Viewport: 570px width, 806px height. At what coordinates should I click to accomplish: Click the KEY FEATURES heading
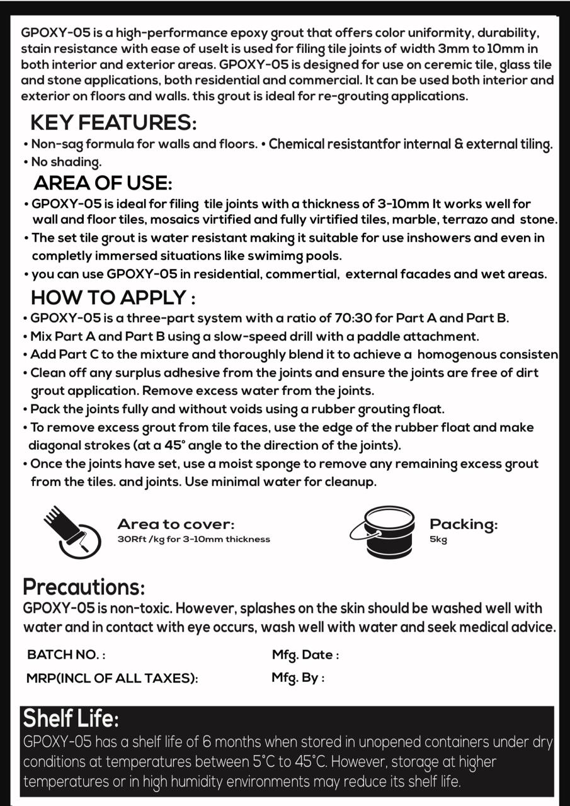113,122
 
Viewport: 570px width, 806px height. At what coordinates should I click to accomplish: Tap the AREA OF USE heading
103,183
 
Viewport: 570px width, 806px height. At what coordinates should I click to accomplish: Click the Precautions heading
84,587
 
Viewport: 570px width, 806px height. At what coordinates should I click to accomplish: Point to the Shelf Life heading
71,718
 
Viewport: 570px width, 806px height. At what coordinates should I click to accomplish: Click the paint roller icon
72,532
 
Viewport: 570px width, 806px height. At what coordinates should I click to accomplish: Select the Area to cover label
176,524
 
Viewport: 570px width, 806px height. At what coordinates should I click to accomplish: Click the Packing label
463,524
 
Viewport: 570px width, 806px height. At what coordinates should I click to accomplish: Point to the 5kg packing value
438,540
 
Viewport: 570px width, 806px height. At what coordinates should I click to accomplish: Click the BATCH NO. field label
66,654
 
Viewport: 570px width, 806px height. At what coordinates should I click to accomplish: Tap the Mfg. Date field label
305,654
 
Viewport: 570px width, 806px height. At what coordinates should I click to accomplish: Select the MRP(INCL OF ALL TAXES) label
112,678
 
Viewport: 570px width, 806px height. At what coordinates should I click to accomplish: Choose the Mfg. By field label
299,678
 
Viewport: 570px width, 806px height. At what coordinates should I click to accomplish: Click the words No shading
66,162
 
